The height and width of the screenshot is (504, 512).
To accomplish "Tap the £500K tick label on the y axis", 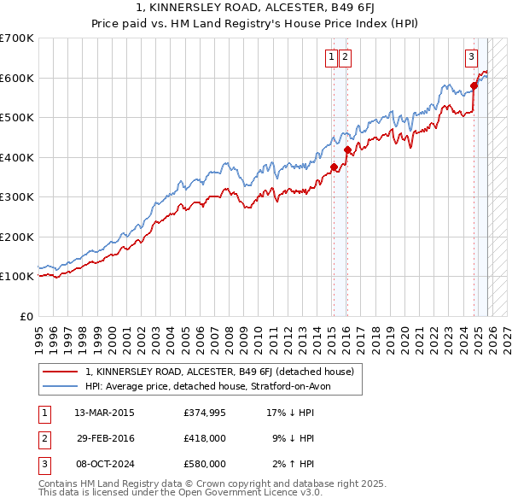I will tap(17, 117).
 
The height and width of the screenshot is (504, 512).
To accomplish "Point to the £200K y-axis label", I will tap(17, 237).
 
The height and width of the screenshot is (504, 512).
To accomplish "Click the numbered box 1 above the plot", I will tap(330, 57).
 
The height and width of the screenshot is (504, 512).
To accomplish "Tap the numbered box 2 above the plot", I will tap(345, 57).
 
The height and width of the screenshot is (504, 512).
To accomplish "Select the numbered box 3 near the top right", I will tap(470, 57).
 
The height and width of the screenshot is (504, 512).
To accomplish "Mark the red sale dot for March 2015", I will tap(334, 167).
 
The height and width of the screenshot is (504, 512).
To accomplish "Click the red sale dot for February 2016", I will tap(347, 149).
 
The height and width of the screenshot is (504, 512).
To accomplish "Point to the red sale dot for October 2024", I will tap(474, 85).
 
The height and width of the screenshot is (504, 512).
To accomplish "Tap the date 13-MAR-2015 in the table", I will tap(104, 413).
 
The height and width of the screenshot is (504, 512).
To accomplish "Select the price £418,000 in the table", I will tap(204, 438).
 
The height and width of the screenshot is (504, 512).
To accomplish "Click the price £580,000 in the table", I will tap(204, 464).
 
